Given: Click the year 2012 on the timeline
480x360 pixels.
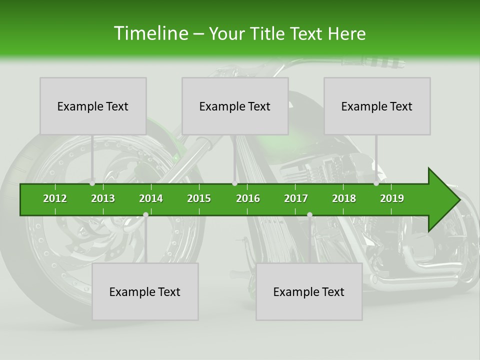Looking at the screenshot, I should click(x=55, y=198).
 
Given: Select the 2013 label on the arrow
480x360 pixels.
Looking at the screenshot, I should click(x=103, y=198).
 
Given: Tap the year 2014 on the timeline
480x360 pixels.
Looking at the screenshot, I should click(x=151, y=198).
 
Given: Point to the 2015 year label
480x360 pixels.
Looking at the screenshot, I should click(x=199, y=198).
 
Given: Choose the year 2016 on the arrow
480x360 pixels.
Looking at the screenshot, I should click(x=248, y=198).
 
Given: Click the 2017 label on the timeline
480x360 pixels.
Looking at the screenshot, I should click(x=296, y=198).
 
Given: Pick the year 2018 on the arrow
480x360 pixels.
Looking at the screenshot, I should click(x=344, y=198).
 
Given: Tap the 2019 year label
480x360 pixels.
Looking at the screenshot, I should click(x=392, y=198).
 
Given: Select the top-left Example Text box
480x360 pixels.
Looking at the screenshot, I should click(x=93, y=106).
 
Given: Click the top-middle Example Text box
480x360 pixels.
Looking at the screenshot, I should click(x=235, y=106).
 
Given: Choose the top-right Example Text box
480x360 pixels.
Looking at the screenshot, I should click(x=377, y=106).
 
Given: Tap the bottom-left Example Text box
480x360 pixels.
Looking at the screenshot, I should click(x=145, y=291).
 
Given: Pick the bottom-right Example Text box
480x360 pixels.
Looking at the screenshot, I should click(x=309, y=291).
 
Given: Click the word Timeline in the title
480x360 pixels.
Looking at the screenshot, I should click(x=150, y=33).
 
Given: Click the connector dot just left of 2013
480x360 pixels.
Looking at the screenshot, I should click(x=92, y=183).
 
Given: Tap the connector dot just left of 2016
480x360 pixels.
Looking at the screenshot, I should click(x=234, y=183).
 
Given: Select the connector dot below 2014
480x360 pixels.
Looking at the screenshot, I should click(x=145, y=215).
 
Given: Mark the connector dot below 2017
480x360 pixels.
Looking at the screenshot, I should click(x=309, y=215).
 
